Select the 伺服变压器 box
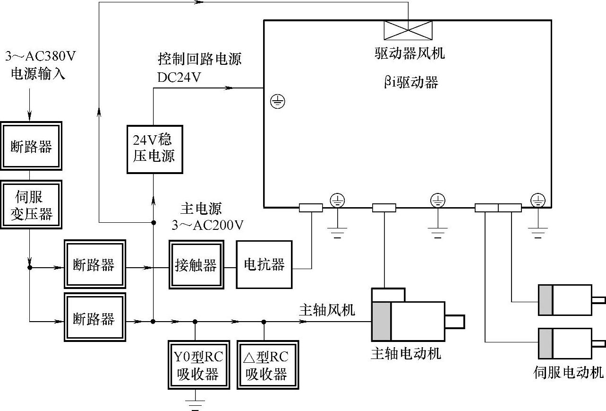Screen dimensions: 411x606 (x=31, y=204)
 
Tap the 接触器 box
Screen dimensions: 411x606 (x=196, y=265)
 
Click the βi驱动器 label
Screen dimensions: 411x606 (x=410, y=82)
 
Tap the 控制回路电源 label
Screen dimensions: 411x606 (x=199, y=59)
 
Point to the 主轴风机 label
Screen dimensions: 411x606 (x=327, y=310)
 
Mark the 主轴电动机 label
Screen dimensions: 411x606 (x=406, y=353)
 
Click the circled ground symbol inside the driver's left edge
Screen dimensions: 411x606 (x=278, y=101)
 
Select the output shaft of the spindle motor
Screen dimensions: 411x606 (x=454, y=322)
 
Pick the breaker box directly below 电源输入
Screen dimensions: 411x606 (x=31, y=146)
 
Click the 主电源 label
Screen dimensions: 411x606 (x=201, y=209)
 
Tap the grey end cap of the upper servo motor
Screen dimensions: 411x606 (x=546, y=300)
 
